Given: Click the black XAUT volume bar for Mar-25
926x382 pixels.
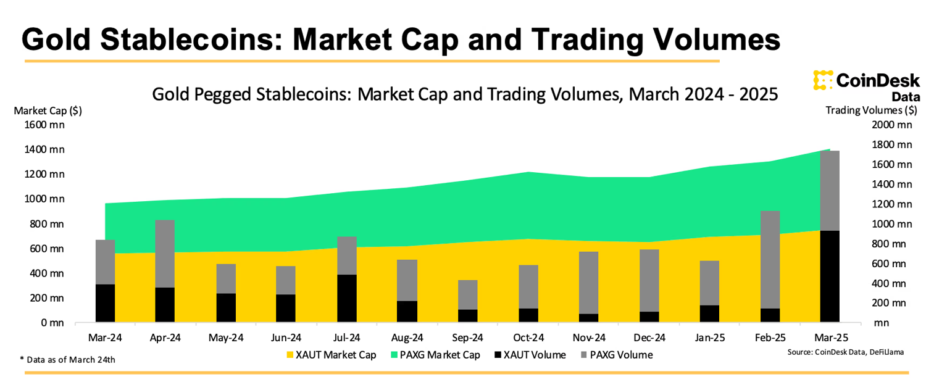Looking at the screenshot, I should pyautogui.click(x=829, y=276).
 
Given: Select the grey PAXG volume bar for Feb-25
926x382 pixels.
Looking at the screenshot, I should pyautogui.click(x=769, y=259).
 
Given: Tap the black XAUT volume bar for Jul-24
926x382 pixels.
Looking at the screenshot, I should pyautogui.click(x=347, y=298).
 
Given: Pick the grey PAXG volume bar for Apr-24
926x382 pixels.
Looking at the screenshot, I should pyautogui.click(x=165, y=253).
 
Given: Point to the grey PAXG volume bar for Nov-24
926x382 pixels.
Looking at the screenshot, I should pyautogui.click(x=589, y=283).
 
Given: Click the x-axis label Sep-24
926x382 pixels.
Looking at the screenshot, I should pyautogui.click(x=467, y=338).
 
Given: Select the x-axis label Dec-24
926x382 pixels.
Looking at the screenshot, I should pyautogui.click(x=649, y=338).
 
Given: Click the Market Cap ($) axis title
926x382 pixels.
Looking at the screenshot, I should pyautogui.click(x=48, y=111).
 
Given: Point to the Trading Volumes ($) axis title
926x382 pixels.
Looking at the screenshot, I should pyautogui.click(x=871, y=111).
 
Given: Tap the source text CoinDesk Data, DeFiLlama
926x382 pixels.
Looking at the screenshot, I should pyautogui.click(x=846, y=352).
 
